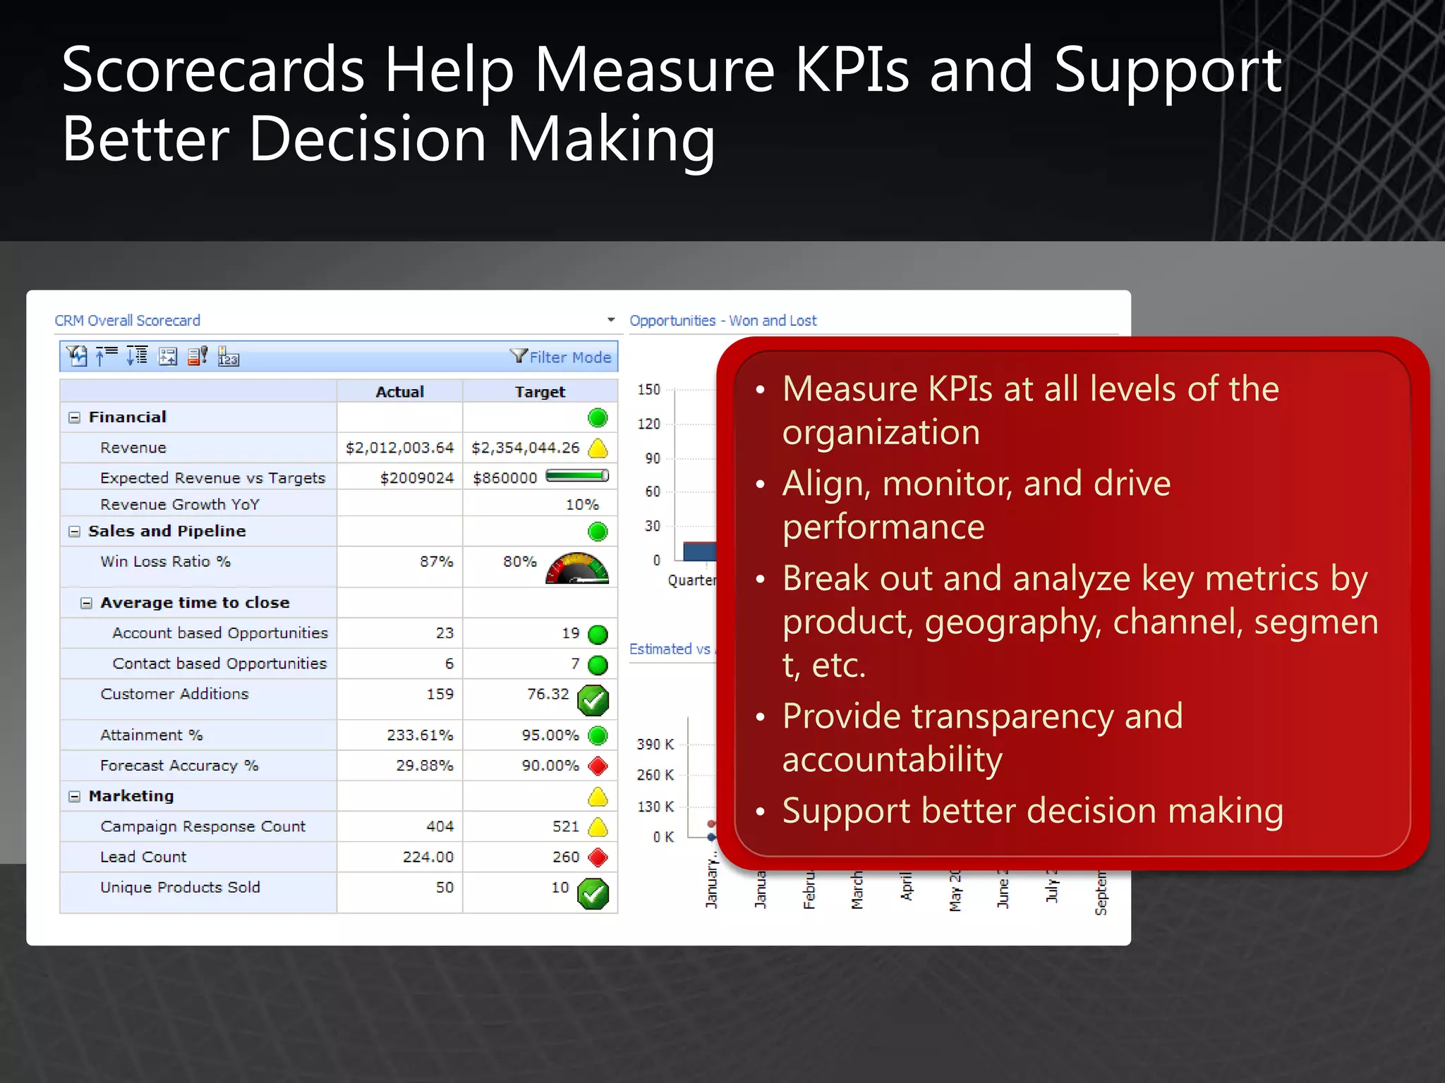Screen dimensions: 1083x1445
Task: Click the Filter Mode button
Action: click(x=562, y=357)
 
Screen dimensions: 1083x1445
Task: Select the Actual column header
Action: click(x=399, y=391)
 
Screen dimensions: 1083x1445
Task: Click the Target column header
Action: click(x=540, y=391)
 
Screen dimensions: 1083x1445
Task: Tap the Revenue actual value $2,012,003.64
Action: click(x=399, y=448)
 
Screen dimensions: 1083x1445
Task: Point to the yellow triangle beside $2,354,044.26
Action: click(x=598, y=448)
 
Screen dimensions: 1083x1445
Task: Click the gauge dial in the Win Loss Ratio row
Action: click(x=577, y=568)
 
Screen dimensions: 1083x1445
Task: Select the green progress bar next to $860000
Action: click(x=577, y=476)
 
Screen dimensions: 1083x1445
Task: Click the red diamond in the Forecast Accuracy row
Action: click(x=598, y=766)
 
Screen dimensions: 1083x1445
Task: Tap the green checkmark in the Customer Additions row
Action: click(x=593, y=699)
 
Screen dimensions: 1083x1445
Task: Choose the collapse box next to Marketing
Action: click(x=74, y=796)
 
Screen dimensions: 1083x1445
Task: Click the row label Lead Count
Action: click(x=143, y=857)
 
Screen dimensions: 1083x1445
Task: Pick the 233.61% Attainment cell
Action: click(x=420, y=735)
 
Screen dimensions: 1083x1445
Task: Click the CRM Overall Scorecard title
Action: click(x=128, y=321)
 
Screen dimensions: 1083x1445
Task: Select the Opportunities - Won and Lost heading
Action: click(x=723, y=321)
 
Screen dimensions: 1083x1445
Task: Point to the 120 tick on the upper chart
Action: click(x=649, y=424)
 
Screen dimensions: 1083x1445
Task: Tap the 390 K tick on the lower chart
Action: click(x=655, y=744)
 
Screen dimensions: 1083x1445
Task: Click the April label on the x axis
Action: click(x=907, y=886)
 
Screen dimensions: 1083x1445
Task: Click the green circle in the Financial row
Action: click(x=598, y=417)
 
